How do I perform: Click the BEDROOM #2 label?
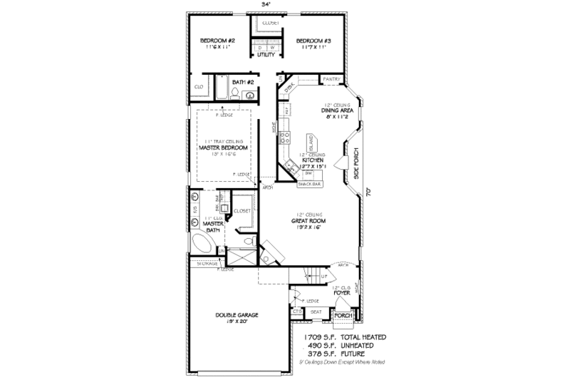(219, 41)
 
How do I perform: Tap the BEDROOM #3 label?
(313, 41)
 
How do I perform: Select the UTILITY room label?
(266, 54)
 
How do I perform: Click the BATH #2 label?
(245, 82)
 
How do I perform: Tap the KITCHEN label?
(313, 160)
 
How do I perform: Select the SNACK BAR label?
(309, 183)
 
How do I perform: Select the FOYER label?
(341, 292)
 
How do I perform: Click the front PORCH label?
(343, 314)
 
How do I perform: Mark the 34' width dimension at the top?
(266, 4)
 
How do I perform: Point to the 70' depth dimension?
(368, 191)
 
